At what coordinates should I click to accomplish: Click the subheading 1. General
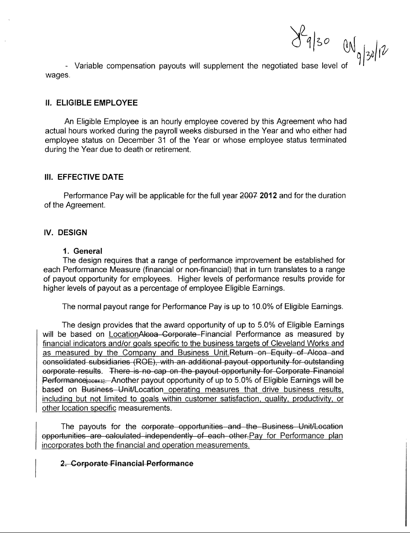coord(83,251)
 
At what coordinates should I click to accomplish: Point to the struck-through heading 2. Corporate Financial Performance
coord(127,464)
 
